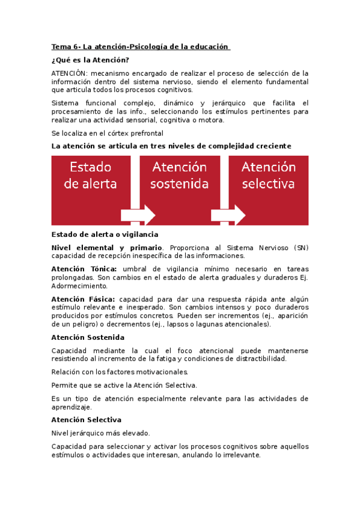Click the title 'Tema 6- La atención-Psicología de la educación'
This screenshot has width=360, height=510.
coord(140,46)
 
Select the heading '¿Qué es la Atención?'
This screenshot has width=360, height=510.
coord(90,60)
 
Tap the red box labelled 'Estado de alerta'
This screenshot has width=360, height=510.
coord(91,175)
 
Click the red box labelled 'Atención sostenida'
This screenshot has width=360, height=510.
coord(179,175)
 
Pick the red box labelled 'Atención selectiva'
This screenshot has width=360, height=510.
coord(269,175)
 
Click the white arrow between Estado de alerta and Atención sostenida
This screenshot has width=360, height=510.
coord(138,215)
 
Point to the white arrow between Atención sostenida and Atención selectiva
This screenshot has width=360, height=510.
coord(228,215)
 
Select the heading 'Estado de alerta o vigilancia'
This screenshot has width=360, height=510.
coord(105,234)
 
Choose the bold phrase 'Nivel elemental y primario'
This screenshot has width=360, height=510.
coord(106,247)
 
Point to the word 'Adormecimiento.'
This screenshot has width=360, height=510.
coord(79,286)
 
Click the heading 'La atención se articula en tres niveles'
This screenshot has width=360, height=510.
coord(171,146)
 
